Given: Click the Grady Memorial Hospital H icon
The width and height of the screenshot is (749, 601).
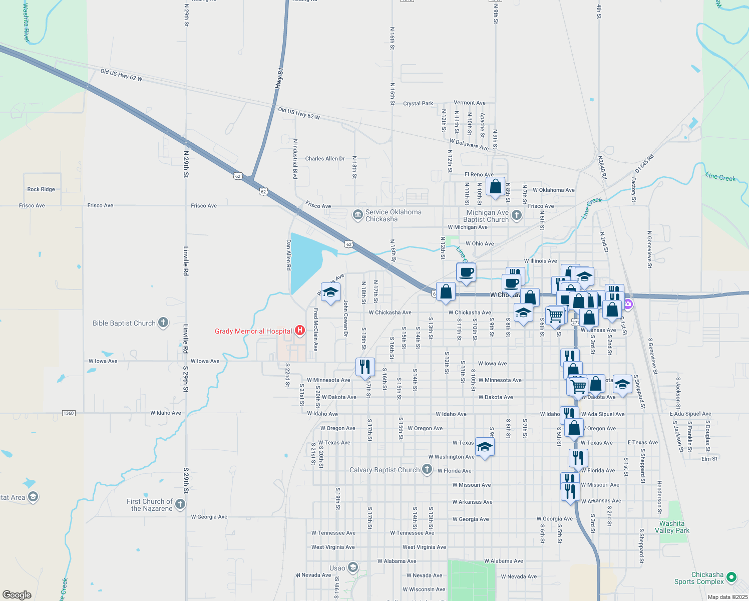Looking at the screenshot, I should (x=300, y=331).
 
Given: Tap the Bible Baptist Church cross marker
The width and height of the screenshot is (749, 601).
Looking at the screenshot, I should (x=163, y=323).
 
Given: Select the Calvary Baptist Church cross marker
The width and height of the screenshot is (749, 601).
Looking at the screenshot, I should (x=427, y=469).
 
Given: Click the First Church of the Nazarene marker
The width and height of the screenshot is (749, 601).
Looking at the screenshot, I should (x=180, y=504).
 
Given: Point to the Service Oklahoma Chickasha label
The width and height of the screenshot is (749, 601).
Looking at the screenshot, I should (x=393, y=216).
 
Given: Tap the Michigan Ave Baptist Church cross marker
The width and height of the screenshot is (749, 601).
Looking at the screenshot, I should (x=517, y=215).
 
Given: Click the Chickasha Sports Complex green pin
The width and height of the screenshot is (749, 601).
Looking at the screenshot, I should (x=731, y=577).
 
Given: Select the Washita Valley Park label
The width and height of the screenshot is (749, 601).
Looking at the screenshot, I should (x=672, y=527).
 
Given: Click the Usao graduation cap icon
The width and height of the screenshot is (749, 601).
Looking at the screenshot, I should (x=352, y=567).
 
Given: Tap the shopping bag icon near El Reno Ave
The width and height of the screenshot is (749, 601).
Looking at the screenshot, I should (x=495, y=187).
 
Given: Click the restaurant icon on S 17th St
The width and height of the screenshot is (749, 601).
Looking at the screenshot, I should (x=365, y=367).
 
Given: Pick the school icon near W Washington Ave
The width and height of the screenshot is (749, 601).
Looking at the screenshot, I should (x=484, y=447).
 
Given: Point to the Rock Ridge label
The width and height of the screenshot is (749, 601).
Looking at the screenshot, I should (x=41, y=189).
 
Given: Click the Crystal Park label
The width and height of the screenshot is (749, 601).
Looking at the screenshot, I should (x=418, y=104).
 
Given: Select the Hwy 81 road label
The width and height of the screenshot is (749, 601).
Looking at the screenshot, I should (x=279, y=79).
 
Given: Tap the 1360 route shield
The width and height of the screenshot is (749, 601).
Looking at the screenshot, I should (x=69, y=413).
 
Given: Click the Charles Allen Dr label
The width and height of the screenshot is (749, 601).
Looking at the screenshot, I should (x=325, y=159).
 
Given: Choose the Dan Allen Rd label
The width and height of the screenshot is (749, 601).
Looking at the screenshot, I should (x=288, y=255).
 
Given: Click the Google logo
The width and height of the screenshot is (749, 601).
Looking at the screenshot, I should (x=17, y=595).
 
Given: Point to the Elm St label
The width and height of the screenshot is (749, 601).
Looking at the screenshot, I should (x=709, y=459).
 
